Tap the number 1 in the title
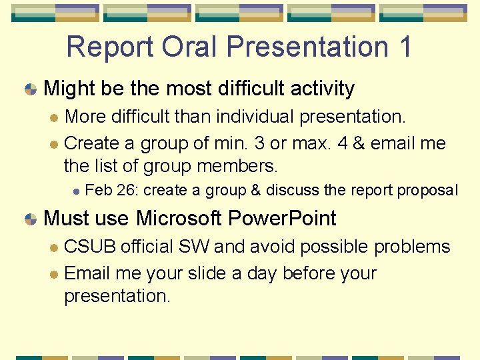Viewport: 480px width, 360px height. click(x=405, y=47)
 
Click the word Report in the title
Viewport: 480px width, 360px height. click(x=109, y=47)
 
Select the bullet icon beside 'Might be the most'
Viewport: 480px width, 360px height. click(x=31, y=89)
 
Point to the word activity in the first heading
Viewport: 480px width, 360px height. click(x=323, y=89)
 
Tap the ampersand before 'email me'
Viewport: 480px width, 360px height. click(x=359, y=143)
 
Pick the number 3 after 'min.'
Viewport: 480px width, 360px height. click(x=259, y=143)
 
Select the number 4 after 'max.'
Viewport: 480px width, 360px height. click(x=343, y=143)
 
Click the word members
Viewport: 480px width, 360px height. click(x=237, y=166)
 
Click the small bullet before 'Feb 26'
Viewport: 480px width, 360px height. click(x=76, y=191)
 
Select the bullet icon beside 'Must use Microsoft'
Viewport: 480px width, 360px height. click(x=31, y=219)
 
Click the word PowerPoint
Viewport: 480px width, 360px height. click(x=282, y=218)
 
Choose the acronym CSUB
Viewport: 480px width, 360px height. click(x=90, y=247)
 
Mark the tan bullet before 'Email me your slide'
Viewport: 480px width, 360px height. click(x=54, y=274)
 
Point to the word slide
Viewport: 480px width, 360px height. click(x=207, y=273)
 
